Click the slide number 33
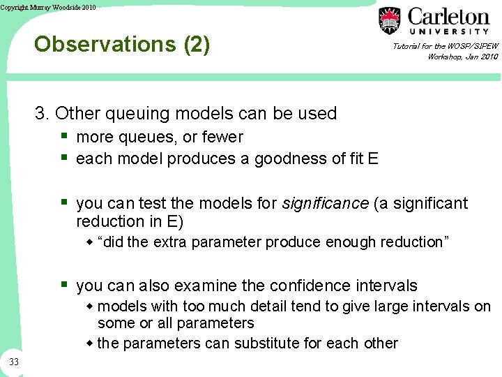[x=14, y=360]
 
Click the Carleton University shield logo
[x=389, y=21]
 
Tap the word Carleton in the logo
[x=448, y=17]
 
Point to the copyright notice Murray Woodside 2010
[x=48, y=7]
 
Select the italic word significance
[x=325, y=203]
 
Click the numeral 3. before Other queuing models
[x=43, y=113]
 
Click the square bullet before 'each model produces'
[x=63, y=157]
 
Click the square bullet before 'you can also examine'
[x=63, y=284]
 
